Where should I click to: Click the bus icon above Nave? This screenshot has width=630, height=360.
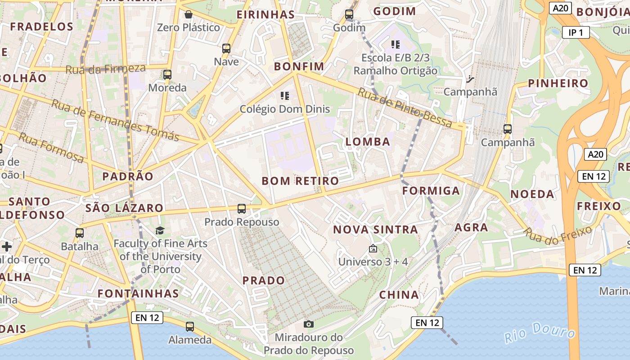pos(226,49)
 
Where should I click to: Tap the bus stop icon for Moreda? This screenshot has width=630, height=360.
pos(167,75)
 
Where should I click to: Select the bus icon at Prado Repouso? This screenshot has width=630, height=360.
pos(242,209)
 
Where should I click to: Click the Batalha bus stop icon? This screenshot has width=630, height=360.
pos(80,233)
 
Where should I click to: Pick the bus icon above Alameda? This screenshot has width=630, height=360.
pos(190,327)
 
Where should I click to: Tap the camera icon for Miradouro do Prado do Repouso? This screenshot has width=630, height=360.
pos(309,324)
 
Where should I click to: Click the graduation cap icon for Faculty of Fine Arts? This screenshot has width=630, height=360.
pos(160,231)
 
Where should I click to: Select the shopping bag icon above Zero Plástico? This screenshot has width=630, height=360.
pos(189,14)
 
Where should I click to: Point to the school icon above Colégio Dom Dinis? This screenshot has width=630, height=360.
pos(284,95)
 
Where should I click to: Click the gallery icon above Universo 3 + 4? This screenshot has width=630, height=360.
pos(373,248)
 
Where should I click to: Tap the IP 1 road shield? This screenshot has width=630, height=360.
pos(576,32)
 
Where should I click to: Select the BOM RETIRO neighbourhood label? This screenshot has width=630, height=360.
pos(300,181)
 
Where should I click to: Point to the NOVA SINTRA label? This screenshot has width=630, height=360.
pos(375,229)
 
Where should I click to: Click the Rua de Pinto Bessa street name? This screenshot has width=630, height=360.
pos(405,108)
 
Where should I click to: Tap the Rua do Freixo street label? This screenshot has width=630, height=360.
pos(558,236)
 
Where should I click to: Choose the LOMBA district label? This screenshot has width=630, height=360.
pos(368,142)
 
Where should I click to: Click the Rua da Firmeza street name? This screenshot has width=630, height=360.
pos(105,69)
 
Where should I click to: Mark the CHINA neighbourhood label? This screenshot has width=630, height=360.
pos(399,295)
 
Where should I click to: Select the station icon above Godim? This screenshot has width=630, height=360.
pos(349,14)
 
